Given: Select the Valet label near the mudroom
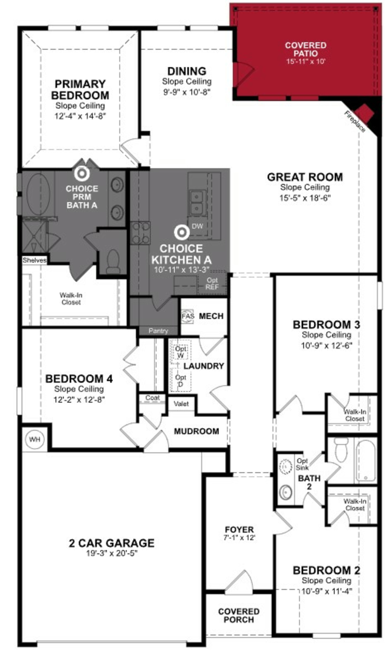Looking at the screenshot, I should (x=181, y=404).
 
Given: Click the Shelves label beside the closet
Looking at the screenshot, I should (x=35, y=260).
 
